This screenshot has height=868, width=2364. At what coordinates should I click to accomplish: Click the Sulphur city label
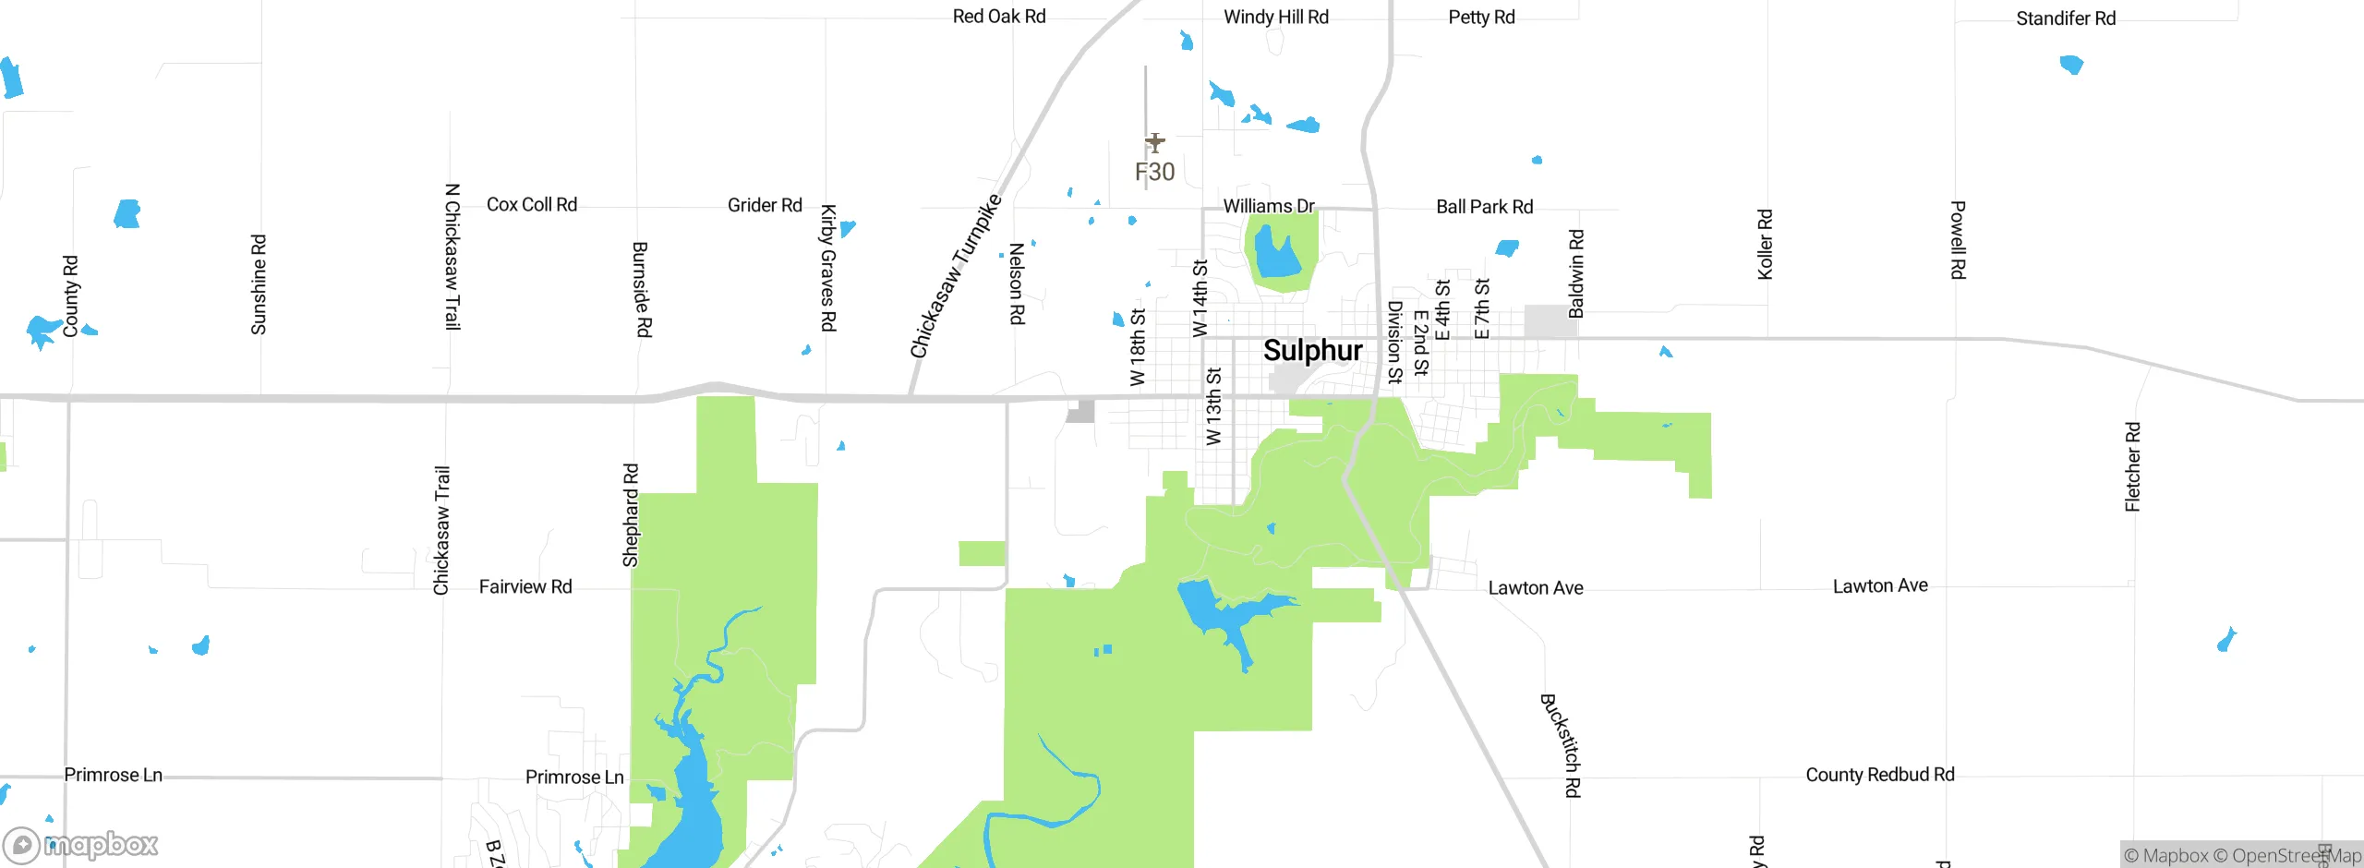click(x=1312, y=351)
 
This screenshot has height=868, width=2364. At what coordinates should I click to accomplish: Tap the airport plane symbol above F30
click(x=1154, y=143)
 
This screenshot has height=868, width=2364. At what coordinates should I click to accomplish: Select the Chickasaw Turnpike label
click(x=956, y=275)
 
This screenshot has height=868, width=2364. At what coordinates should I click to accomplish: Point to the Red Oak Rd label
click(x=999, y=17)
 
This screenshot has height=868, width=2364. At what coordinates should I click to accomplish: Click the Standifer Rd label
click(x=2066, y=18)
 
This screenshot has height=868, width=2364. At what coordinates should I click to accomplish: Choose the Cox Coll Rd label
click(x=532, y=205)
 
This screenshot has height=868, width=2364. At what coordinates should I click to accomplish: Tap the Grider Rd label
click(x=765, y=205)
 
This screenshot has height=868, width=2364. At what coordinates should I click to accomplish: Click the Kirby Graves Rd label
click(x=828, y=268)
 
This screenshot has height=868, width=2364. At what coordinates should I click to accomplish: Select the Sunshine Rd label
click(x=259, y=284)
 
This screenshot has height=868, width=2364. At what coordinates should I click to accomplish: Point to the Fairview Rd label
click(x=525, y=587)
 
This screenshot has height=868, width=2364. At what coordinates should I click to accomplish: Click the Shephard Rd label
click(x=631, y=515)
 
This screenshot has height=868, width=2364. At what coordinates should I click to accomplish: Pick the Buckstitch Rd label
click(x=1562, y=745)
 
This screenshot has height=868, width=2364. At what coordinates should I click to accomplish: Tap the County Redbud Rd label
click(x=1880, y=775)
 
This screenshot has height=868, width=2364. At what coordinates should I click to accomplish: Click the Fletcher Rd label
click(x=2132, y=467)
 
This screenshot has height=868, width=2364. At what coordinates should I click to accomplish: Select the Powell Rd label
click(x=1958, y=240)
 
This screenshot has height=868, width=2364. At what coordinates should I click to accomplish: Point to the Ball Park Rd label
click(x=1484, y=207)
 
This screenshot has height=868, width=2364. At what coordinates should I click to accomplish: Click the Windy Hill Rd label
click(x=1276, y=17)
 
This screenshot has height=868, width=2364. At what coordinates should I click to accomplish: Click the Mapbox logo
click(x=81, y=844)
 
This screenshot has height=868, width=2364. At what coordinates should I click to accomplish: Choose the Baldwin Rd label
click(x=1576, y=273)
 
